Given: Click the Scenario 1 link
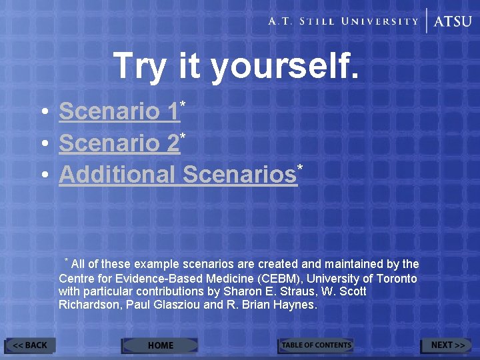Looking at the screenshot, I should (119, 111).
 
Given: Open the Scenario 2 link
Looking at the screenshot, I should (119, 143).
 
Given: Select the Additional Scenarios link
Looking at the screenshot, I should (177, 174).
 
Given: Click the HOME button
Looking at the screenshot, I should (160, 345).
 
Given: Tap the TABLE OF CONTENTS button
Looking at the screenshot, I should (315, 345).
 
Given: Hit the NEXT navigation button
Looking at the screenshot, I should (447, 345).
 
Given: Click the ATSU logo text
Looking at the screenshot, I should (453, 21).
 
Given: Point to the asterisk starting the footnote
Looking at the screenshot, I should (66, 260).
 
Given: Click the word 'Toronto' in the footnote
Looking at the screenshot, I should (396, 278).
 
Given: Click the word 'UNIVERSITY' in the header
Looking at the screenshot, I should (380, 21).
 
